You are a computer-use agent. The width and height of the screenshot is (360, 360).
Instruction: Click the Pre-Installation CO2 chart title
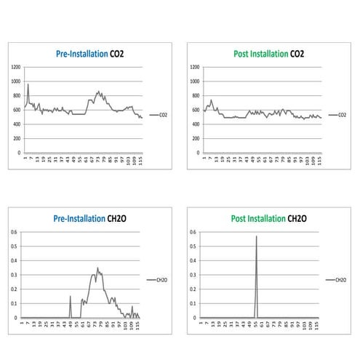[90, 53]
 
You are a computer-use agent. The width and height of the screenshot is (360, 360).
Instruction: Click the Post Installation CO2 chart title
[268, 53]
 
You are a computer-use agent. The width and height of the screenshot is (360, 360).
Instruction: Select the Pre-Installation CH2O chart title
[90, 217]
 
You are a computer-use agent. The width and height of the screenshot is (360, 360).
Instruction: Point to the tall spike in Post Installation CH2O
[256, 237]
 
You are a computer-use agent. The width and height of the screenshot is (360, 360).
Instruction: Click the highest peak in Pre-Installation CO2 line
[28, 84]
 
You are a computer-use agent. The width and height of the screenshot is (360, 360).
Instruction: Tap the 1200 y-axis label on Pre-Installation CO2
[15, 67]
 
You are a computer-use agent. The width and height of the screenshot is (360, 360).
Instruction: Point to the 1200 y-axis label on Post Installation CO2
[194, 67]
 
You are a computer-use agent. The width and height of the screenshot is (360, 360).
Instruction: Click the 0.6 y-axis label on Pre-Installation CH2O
[14, 232]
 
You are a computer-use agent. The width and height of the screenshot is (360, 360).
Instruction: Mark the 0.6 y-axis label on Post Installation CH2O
[193, 232]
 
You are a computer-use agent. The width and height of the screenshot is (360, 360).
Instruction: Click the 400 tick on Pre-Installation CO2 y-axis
[16, 124]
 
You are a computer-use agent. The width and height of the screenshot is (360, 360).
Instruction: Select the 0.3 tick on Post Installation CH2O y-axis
[193, 275]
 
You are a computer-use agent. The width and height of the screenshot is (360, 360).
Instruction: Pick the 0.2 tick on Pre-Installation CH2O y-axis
[14, 289]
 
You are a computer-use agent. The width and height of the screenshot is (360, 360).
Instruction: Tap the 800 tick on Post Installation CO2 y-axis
[195, 95]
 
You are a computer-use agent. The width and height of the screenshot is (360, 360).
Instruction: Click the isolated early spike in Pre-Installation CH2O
[71, 297]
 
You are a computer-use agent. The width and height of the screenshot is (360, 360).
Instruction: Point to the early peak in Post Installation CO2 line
[211, 100]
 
